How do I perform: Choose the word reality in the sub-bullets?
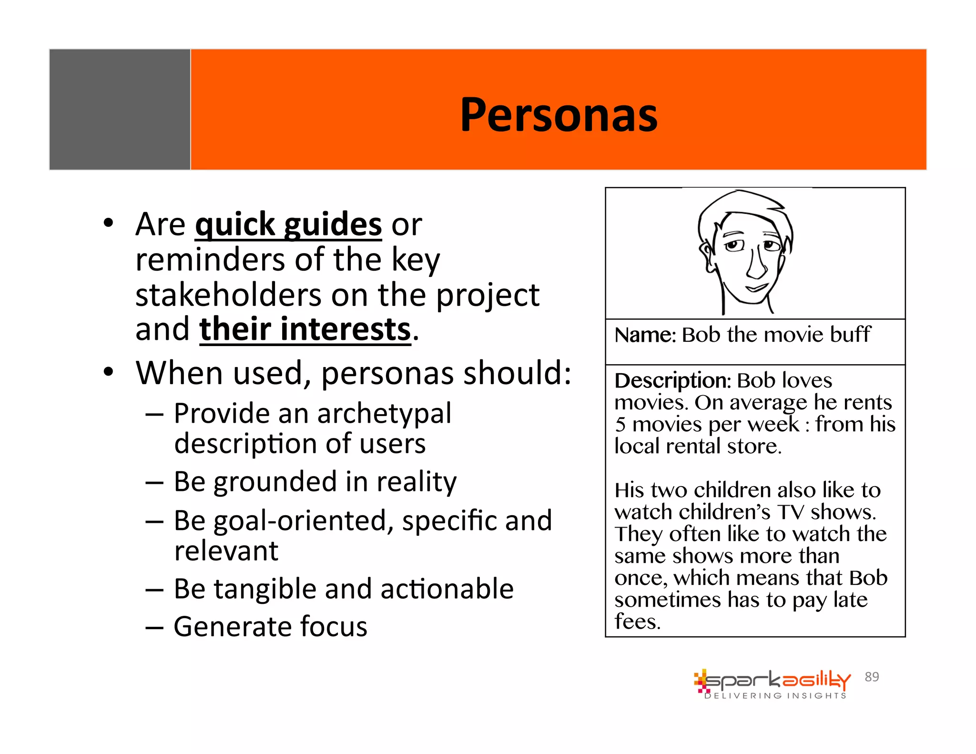[x=417, y=481]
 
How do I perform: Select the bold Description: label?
[x=672, y=381]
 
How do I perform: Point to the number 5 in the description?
[x=620, y=424]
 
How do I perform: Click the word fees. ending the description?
[x=637, y=622]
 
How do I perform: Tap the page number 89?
[x=872, y=677]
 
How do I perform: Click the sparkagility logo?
[x=772, y=680]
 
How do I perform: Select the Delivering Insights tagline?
[x=775, y=696]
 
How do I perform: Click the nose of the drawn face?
[x=756, y=266]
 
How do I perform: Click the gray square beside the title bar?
[x=120, y=109]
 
